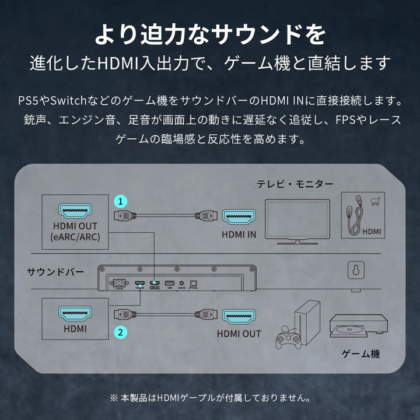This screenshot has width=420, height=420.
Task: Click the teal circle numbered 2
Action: (120, 332)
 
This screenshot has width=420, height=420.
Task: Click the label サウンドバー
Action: (55, 272)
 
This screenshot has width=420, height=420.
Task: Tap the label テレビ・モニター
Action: (295, 184)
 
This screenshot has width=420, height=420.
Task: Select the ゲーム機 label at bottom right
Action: (362, 354)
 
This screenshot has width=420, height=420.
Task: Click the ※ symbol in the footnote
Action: (113, 398)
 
